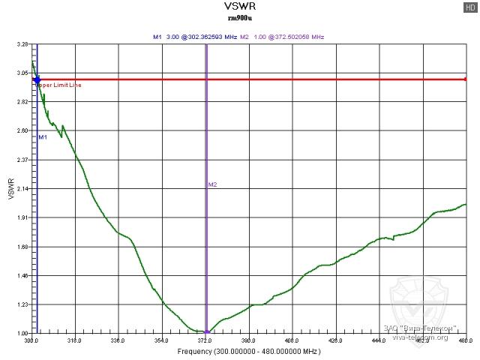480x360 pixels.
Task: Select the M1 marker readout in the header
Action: click(195, 36)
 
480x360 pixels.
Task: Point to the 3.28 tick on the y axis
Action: click(22, 44)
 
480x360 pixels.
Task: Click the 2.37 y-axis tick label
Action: click(22, 160)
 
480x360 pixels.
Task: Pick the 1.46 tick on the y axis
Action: click(22, 276)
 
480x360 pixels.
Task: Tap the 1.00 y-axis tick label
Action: click(22, 333)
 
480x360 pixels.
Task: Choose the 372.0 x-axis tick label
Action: click(205, 340)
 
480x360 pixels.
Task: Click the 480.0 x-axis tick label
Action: click(464, 340)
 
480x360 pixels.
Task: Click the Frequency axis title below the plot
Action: click(248, 351)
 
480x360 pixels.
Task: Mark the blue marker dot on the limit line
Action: click(37, 79)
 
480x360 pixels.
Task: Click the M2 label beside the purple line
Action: click(212, 184)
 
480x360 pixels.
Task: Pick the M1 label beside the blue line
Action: click(43, 137)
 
